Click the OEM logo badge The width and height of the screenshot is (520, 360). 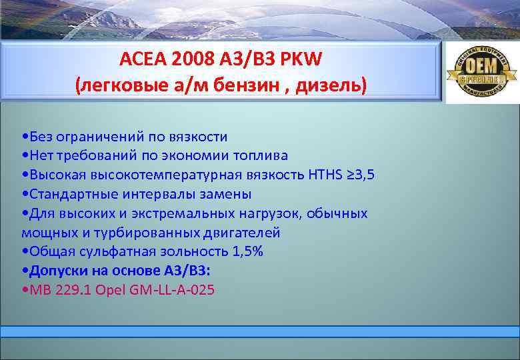481,73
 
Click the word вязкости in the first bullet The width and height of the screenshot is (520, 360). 200,137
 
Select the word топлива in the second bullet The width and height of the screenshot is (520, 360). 261,156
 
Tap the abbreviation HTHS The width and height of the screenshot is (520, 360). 325,175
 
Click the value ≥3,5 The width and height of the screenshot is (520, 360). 361,175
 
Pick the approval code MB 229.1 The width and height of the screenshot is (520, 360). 55,291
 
